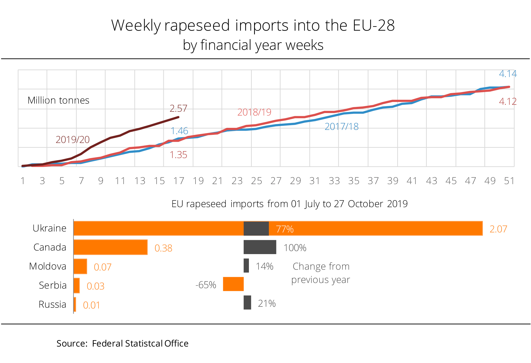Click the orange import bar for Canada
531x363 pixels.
tap(110, 247)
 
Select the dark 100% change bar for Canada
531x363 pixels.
tap(260, 247)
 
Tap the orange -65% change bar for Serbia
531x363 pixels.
tap(233, 284)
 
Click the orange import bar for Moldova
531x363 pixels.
tap(80, 266)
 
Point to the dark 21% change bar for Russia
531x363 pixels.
tap(247, 303)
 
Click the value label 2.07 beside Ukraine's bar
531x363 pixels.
tap(498, 229)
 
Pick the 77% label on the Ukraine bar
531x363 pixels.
tap(284, 229)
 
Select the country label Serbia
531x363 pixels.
tap(53, 285)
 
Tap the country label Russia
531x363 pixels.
tap(52, 304)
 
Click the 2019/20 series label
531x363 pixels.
tap(73, 140)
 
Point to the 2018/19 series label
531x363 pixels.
tap(254, 112)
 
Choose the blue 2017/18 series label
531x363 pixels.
tap(341, 127)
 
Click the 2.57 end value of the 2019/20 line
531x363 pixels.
tap(178, 108)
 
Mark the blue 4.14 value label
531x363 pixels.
tap(508, 74)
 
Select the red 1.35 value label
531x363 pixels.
tap(178, 155)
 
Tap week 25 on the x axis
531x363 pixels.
tap(256, 181)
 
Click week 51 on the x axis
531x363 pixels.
tap(509, 181)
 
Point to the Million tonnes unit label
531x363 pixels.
tap(58, 100)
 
